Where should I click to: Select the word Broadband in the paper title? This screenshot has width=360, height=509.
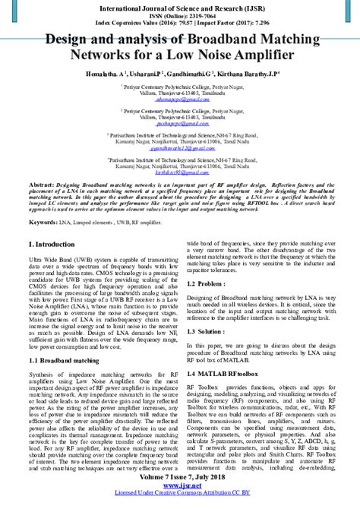(215, 40)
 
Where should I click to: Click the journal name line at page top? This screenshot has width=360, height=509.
(180, 6)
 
